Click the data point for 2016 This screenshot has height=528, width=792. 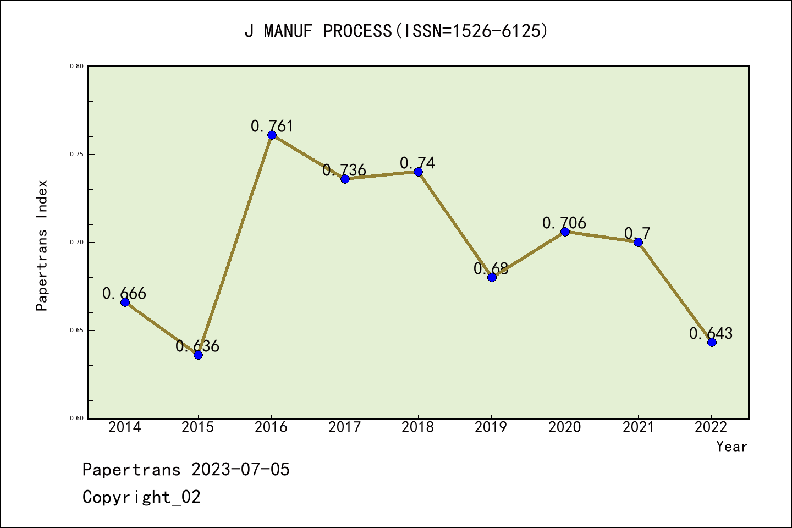click(272, 135)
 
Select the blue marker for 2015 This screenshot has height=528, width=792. click(198, 355)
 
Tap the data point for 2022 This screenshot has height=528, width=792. click(712, 342)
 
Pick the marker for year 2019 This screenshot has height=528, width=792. click(492, 277)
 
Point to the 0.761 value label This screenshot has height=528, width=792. click(272, 126)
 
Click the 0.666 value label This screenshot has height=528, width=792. click(124, 293)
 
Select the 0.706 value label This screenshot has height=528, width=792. click(564, 223)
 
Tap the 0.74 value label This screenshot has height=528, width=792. click(417, 163)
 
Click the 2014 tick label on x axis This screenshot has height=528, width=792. click(125, 427)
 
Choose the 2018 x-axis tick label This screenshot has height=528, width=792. click(418, 427)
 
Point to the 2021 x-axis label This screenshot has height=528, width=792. click(638, 427)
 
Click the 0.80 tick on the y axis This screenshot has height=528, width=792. click(76, 66)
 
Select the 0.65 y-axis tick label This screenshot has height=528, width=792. click(76, 330)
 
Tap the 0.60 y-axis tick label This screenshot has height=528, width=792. click(76, 418)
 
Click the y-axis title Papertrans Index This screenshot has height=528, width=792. click(42, 245)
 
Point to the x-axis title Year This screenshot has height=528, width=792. click(732, 447)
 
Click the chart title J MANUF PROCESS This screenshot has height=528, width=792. click(396, 31)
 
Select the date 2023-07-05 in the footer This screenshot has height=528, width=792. click(240, 470)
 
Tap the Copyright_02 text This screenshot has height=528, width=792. click(142, 497)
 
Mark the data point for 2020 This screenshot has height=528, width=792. click(565, 232)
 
